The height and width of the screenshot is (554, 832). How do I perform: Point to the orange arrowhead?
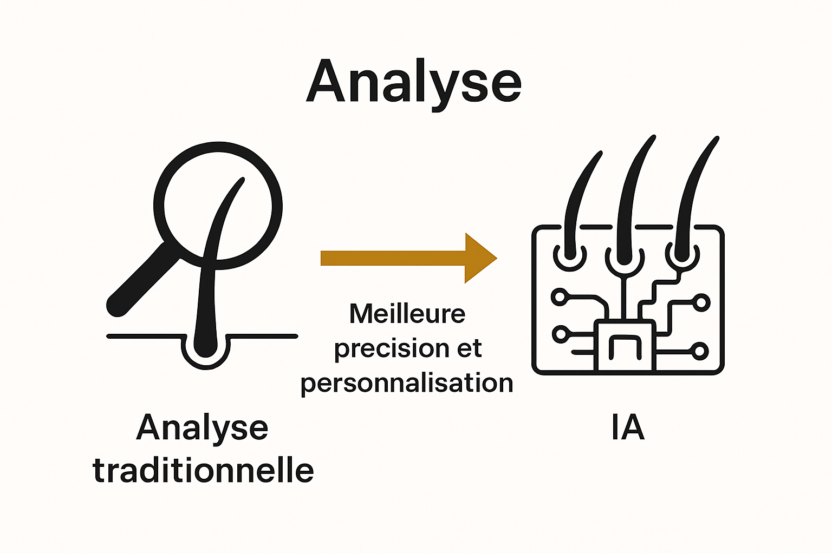coord(479,258)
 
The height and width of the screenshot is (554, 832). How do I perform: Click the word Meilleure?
coord(407,314)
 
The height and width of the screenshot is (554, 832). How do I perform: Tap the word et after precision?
coord(469,349)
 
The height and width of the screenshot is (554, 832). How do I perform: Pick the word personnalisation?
coord(407,383)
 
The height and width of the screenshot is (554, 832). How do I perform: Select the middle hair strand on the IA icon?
coord(631,200)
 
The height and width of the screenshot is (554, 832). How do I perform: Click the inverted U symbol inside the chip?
coord(625,347)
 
